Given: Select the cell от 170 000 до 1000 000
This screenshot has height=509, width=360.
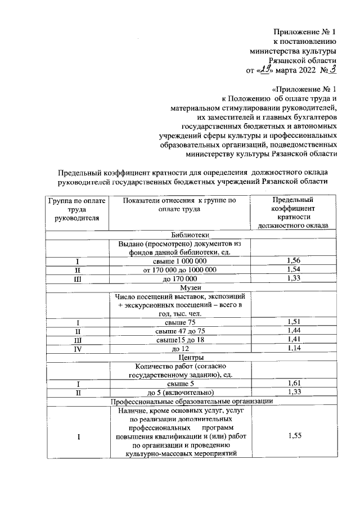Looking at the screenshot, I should (x=180, y=270).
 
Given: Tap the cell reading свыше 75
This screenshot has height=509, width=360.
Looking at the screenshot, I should (x=180, y=322).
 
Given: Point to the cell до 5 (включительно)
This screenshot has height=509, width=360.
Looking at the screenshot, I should (x=180, y=393).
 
